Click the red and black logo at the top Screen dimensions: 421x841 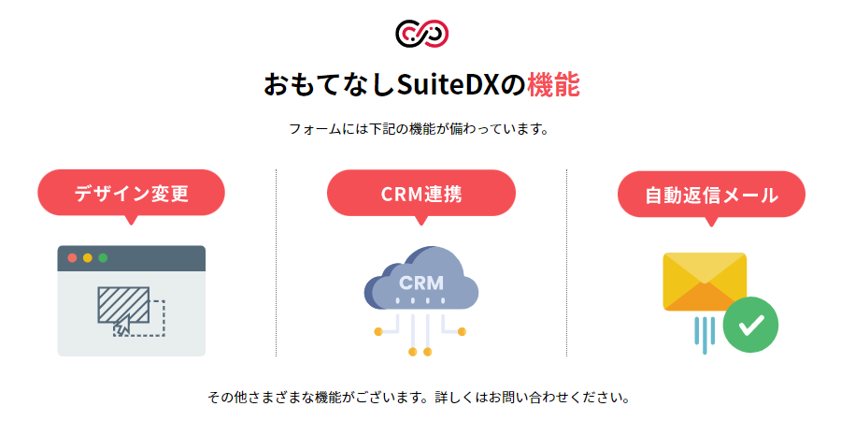421,33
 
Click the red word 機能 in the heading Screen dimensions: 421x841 553,85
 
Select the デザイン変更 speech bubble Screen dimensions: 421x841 131,193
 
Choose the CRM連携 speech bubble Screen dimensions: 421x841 420,193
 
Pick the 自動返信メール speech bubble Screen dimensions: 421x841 711,195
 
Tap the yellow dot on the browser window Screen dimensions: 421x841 88,257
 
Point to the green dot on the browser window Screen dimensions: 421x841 103,257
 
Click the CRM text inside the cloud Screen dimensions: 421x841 420,282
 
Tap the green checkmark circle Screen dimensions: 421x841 749,325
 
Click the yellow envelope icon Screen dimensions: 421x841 703,279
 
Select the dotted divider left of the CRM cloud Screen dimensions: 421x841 277,262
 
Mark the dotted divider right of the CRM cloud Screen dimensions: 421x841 566,262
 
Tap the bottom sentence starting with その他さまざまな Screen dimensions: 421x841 419,398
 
